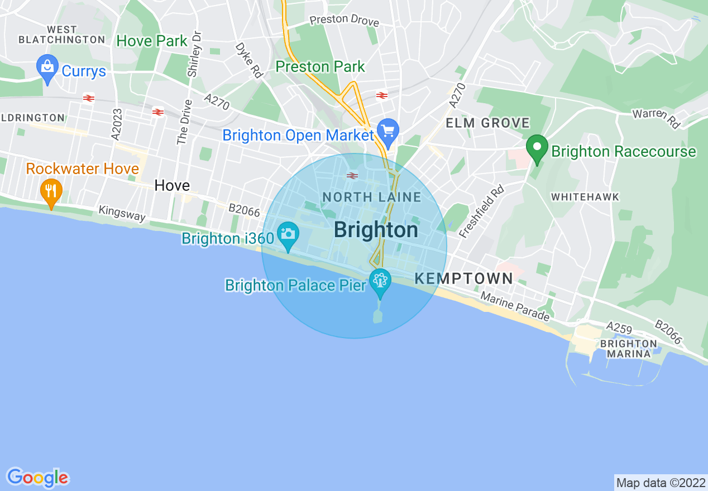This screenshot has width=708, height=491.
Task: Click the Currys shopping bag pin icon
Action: click(x=47, y=68)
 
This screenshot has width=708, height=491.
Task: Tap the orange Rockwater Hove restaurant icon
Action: click(x=51, y=191)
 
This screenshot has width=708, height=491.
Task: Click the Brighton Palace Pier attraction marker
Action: click(x=380, y=281)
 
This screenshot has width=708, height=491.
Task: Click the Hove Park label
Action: click(x=152, y=41)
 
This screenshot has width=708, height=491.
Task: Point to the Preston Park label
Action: click(x=320, y=66)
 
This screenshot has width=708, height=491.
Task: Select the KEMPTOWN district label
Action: click(x=464, y=278)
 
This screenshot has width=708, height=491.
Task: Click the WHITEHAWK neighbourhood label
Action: click(x=585, y=197)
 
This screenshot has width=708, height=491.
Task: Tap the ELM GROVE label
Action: click(x=487, y=123)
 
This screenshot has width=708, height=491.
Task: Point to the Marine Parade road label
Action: click(x=515, y=307)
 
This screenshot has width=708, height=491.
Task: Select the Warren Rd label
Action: click(x=656, y=118)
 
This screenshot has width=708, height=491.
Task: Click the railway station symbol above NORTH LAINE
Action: click(x=352, y=176)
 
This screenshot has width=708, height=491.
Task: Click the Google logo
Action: click(x=37, y=478)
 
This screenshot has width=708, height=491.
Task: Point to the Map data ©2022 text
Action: click(x=660, y=482)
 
